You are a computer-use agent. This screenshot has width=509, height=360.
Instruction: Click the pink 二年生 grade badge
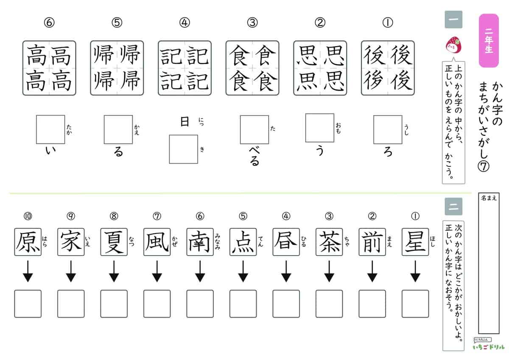(x=489, y=41)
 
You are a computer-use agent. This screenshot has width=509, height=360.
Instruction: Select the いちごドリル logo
(x=488, y=346)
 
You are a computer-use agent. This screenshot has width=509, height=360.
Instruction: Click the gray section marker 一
(x=453, y=20)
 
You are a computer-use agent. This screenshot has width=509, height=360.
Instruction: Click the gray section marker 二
(x=453, y=206)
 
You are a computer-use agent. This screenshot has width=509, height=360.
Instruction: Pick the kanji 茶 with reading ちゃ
(x=329, y=242)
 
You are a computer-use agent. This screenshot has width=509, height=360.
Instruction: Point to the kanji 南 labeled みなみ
(x=200, y=242)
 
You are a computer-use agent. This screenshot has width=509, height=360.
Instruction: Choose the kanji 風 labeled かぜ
(x=157, y=242)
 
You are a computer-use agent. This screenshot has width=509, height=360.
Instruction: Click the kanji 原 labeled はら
(x=28, y=242)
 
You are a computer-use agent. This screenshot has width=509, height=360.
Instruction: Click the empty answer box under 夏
(x=114, y=304)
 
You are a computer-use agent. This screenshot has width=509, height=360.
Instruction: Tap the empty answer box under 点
(x=243, y=304)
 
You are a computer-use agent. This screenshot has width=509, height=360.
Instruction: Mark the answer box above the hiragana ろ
(x=387, y=129)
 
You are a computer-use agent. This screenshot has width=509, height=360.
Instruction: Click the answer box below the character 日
(x=184, y=149)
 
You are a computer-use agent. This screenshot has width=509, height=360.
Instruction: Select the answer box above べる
(x=254, y=129)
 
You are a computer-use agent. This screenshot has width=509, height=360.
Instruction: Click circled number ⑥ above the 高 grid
(x=50, y=23)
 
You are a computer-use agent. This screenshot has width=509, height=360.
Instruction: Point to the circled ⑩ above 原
(x=28, y=216)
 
